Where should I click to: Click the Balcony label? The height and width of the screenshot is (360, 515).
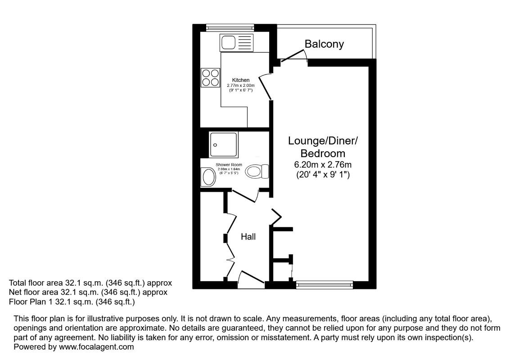point(324,44)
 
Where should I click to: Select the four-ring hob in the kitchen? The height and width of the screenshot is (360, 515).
point(210,77)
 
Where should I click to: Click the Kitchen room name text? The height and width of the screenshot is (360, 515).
point(241,80)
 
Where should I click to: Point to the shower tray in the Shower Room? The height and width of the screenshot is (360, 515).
point(223,144)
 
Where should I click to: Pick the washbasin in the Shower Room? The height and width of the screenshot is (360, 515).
point(208,177)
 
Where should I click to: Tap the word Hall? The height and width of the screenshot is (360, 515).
point(248,236)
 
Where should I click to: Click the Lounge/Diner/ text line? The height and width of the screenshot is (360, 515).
point(323,141)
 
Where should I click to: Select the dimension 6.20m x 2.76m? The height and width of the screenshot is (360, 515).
point(323,164)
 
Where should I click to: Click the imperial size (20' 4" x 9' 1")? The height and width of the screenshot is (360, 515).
point(323,175)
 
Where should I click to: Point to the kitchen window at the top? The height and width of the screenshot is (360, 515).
point(230,27)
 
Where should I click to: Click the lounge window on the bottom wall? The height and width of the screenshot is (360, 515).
point(325,284)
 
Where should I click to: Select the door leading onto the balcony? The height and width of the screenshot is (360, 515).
point(294,56)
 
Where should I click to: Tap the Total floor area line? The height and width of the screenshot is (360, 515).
point(90,283)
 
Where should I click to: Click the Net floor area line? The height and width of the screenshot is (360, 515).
point(88,292)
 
